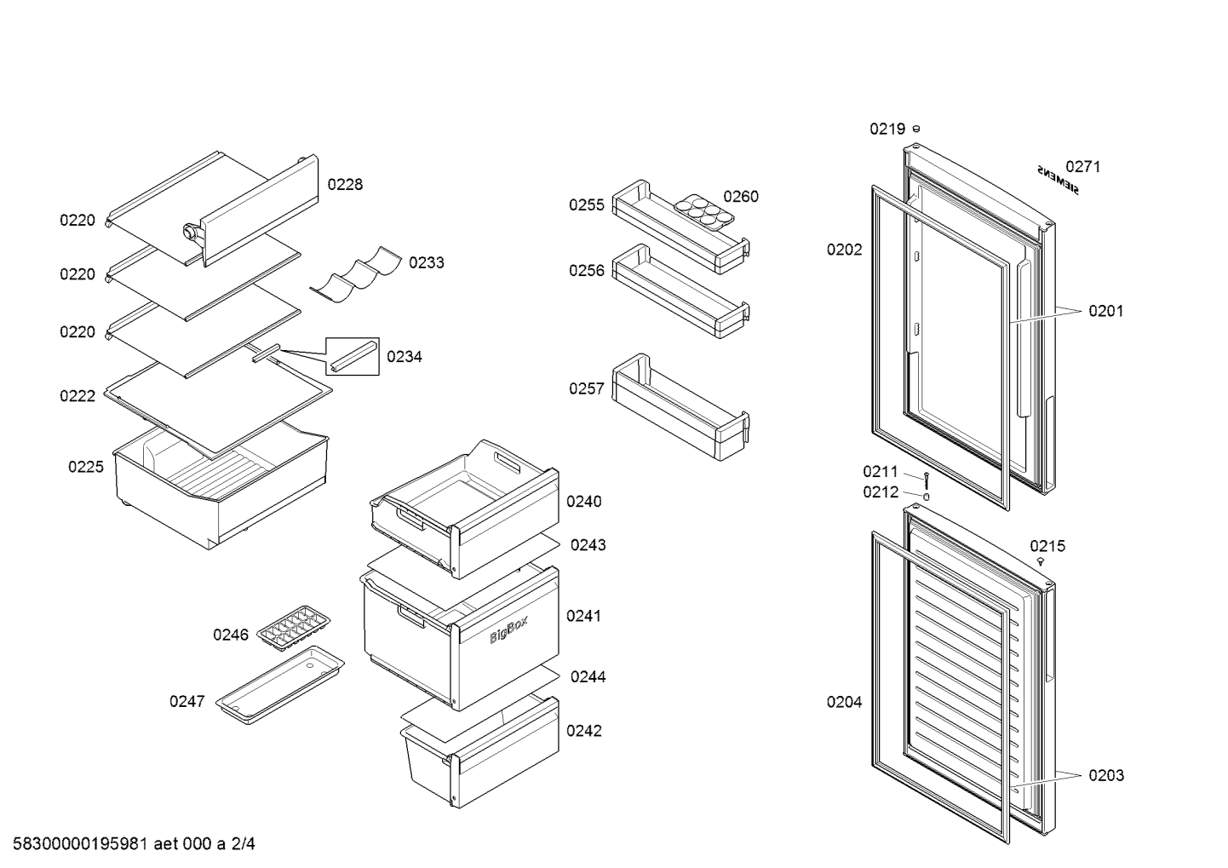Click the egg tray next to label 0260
pos(703,211)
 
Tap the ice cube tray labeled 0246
pos(294,628)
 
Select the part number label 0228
pos(345,184)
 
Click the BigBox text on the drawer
pos(508,629)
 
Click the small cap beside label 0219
pos(916,129)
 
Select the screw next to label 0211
pos(927,480)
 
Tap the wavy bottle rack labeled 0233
pos(356,274)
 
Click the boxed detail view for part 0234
pos(353,356)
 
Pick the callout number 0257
pos(587,388)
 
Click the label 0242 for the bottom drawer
pos(584,730)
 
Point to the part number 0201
pos(1105,311)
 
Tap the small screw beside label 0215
pos(1041,561)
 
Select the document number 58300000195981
pos(80,843)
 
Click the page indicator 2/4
pos(243,843)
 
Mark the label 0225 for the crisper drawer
pos(85,467)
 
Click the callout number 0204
pos(844,702)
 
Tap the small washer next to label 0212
pos(927,497)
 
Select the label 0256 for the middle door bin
pos(587,270)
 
